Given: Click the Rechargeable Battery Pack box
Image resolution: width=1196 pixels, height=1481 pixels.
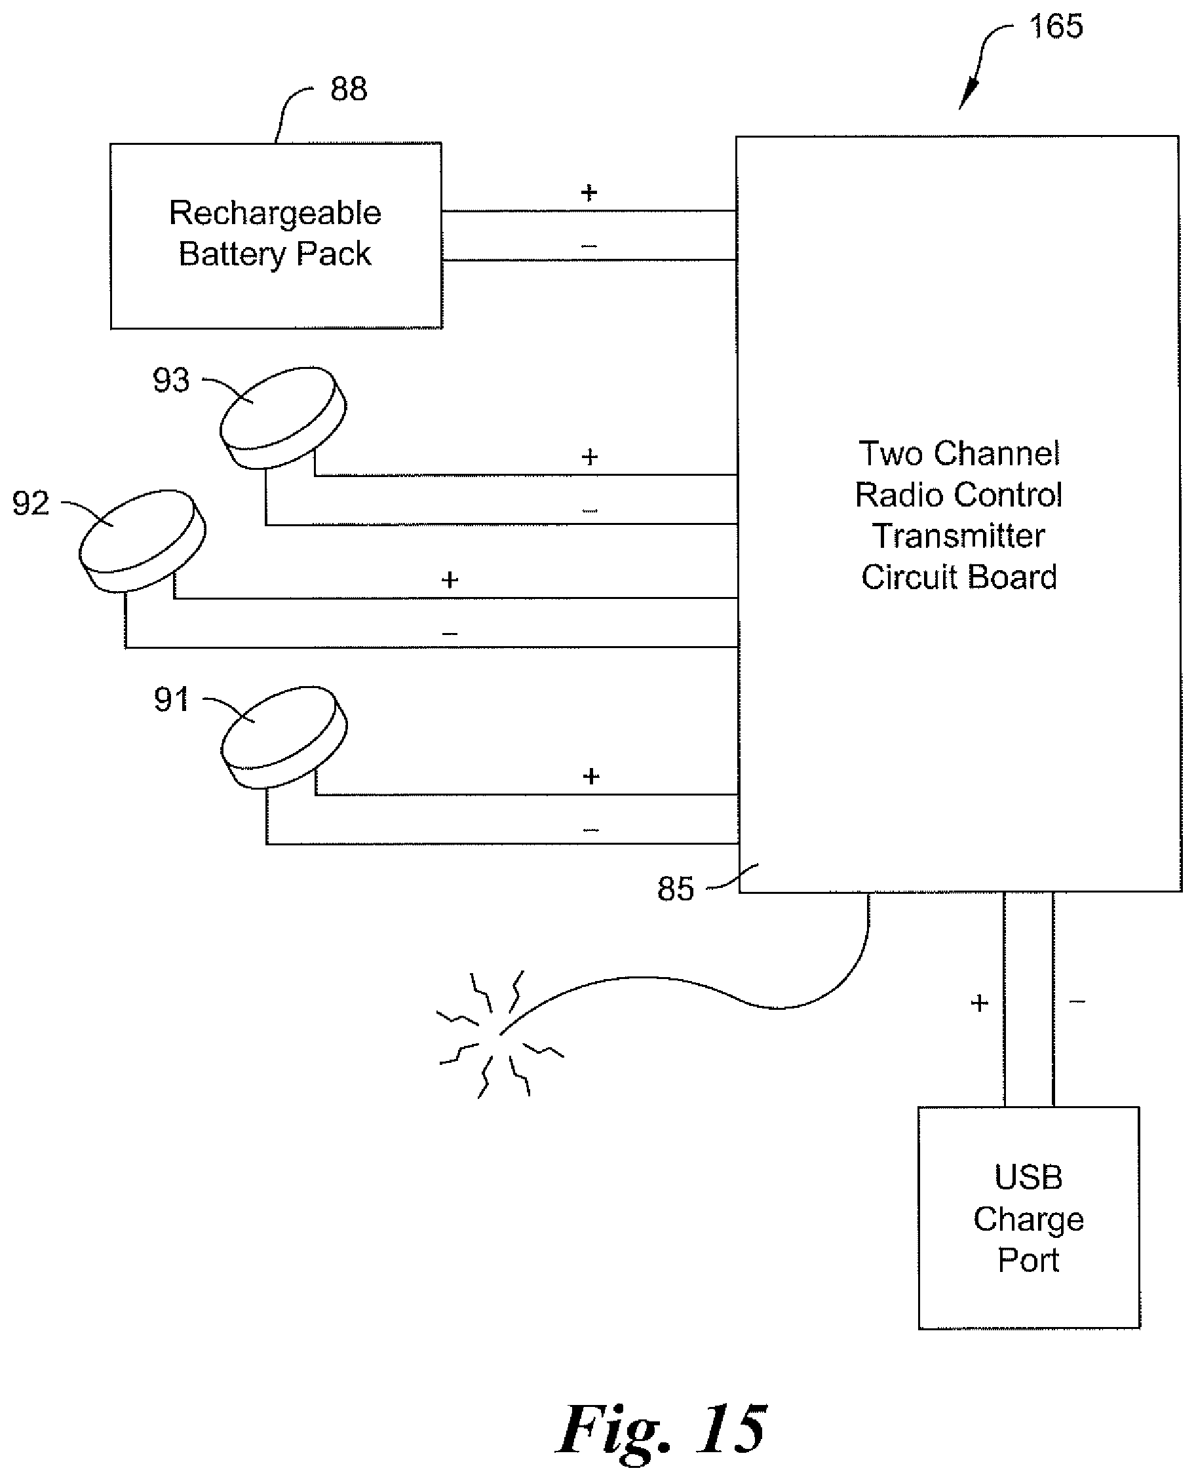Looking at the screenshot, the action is point(277,235).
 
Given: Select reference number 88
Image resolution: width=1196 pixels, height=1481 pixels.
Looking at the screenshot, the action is point(349,89).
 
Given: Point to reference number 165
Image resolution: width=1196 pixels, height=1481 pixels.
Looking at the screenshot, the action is point(1056,26).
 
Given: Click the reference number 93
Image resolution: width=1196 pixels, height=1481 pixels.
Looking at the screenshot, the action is point(171,380).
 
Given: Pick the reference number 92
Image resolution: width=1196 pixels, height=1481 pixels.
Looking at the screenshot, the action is point(31,503).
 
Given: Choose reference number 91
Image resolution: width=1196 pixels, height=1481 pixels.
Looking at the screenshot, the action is point(172,699).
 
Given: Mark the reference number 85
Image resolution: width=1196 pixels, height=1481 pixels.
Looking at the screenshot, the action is point(676,889).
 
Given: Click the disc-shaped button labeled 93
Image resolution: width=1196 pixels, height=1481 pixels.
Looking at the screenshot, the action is point(283,417).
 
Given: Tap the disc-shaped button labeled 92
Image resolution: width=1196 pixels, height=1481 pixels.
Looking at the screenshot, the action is point(142,540).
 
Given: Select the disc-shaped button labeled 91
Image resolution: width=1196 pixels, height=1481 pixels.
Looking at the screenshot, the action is point(284,737).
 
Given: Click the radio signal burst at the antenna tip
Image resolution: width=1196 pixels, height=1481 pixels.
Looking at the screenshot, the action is point(499,1033).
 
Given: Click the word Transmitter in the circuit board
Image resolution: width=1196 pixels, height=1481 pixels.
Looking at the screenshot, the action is point(958,536).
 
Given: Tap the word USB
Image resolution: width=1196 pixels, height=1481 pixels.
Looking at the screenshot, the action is point(1029,1177).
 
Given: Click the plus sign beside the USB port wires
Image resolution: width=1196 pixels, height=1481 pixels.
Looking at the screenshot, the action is point(979,1004).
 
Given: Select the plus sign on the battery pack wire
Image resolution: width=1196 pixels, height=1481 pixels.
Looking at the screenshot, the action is point(588,192).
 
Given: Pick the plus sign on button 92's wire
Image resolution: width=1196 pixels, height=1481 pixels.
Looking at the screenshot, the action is point(450,580).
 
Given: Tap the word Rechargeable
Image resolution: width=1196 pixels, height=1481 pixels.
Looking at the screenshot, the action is point(275,213).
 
